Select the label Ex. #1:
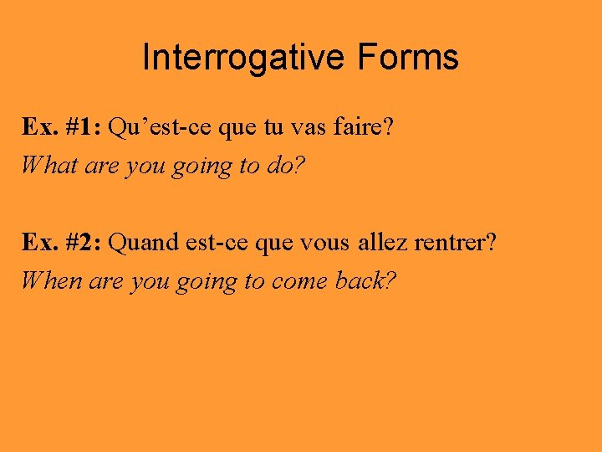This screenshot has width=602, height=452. click(x=62, y=127)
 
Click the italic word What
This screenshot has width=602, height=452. click(x=49, y=165)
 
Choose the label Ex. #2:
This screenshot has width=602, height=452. click(x=62, y=243)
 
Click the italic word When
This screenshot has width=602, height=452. click(x=50, y=280)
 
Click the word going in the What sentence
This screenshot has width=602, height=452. click(x=202, y=167)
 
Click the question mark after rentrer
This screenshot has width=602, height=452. click(x=492, y=243)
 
